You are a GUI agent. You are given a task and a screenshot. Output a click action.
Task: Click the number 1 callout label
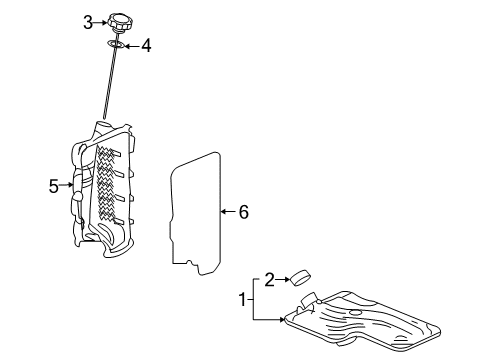tap(240, 298)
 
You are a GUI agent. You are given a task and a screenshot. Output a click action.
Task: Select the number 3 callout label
tap(88, 21)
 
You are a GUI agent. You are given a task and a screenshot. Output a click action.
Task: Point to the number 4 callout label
tap(146, 44)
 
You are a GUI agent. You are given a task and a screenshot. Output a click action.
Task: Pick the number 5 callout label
tap(54, 184)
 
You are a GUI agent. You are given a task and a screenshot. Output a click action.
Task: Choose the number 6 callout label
tap(244, 211)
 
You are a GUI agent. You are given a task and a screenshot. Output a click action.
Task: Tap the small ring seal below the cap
tap(116, 44)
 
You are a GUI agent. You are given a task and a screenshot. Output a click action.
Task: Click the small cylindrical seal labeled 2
tap(301, 278)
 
